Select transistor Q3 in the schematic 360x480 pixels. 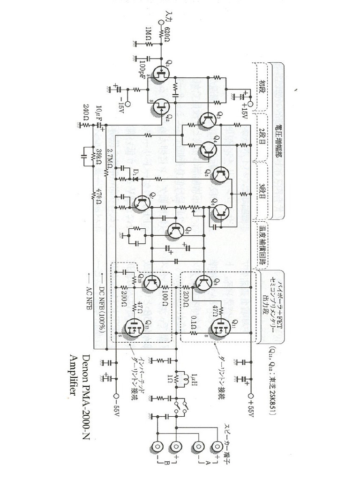[x=207, y=121]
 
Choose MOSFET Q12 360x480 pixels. [x=132, y=328]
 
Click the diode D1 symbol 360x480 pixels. [x=134, y=178]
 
